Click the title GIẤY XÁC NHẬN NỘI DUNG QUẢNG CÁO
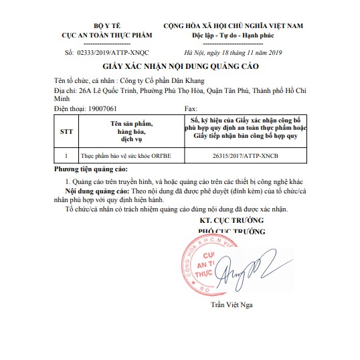[x=180, y=67]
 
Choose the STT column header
[x=66, y=132]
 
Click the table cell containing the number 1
[x=66, y=155]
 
